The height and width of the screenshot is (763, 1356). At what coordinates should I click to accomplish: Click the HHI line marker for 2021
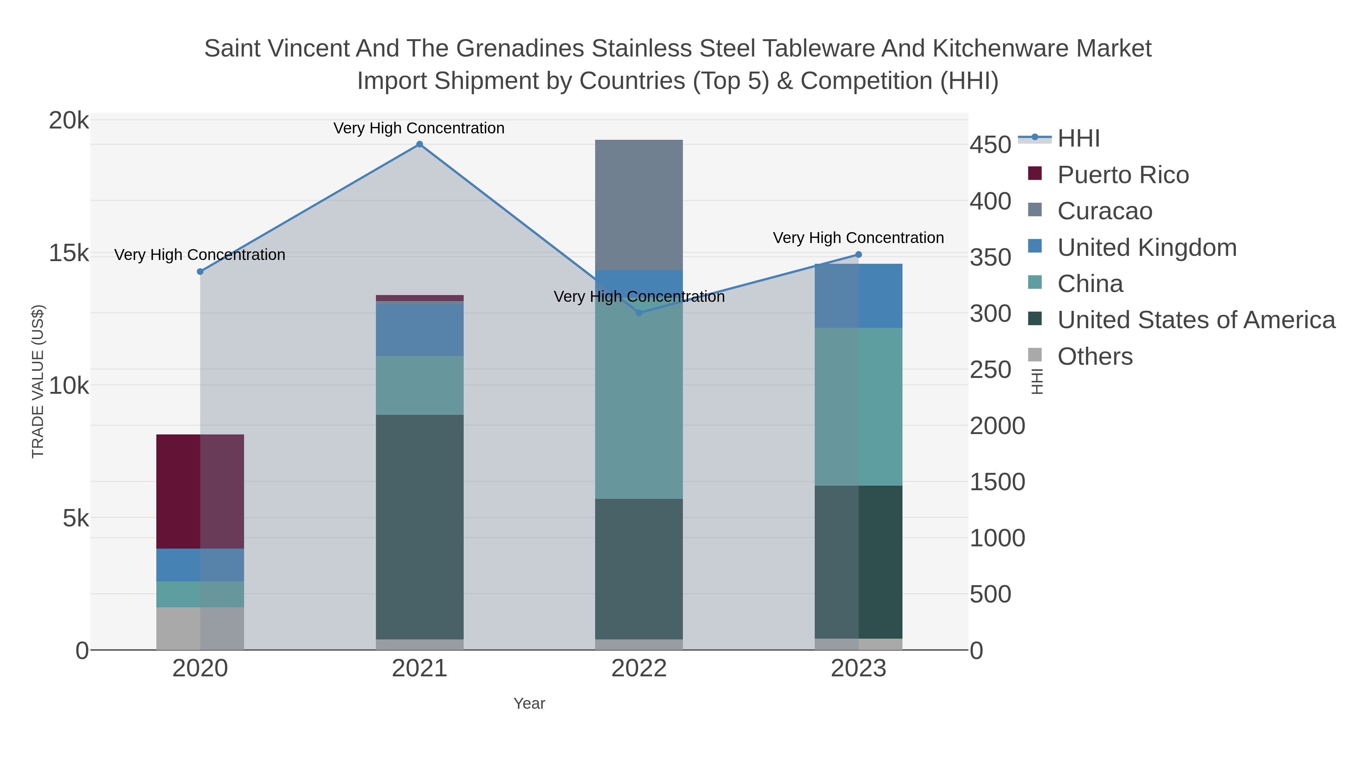coord(420,144)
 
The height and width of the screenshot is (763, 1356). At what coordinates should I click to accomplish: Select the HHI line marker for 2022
coord(639,313)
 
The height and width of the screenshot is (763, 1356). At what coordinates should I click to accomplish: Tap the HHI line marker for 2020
coord(200,272)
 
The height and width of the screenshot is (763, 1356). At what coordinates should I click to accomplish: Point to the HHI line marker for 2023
coord(858,255)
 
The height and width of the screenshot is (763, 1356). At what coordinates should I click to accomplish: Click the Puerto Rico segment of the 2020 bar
coord(200,491)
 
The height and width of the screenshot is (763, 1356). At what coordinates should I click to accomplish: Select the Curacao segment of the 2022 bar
coord(639,205)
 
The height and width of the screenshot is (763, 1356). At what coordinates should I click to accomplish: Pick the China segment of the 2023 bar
coord(858,407)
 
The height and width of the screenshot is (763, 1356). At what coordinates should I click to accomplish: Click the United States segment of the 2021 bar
coord(420,527)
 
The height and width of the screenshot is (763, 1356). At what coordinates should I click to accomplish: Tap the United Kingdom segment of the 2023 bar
coord(858,296)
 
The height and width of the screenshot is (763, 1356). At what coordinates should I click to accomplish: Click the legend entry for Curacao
coord(1104,211)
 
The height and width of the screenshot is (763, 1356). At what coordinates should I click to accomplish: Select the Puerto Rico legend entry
coord(1122,175)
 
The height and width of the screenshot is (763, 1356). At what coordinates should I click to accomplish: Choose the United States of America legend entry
coord(1196,320)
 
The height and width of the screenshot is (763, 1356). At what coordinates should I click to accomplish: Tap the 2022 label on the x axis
coord(639,669)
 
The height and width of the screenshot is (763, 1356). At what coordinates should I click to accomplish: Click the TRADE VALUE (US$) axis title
coord(38,381)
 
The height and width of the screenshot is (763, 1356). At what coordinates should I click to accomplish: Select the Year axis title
coord(529,703)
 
